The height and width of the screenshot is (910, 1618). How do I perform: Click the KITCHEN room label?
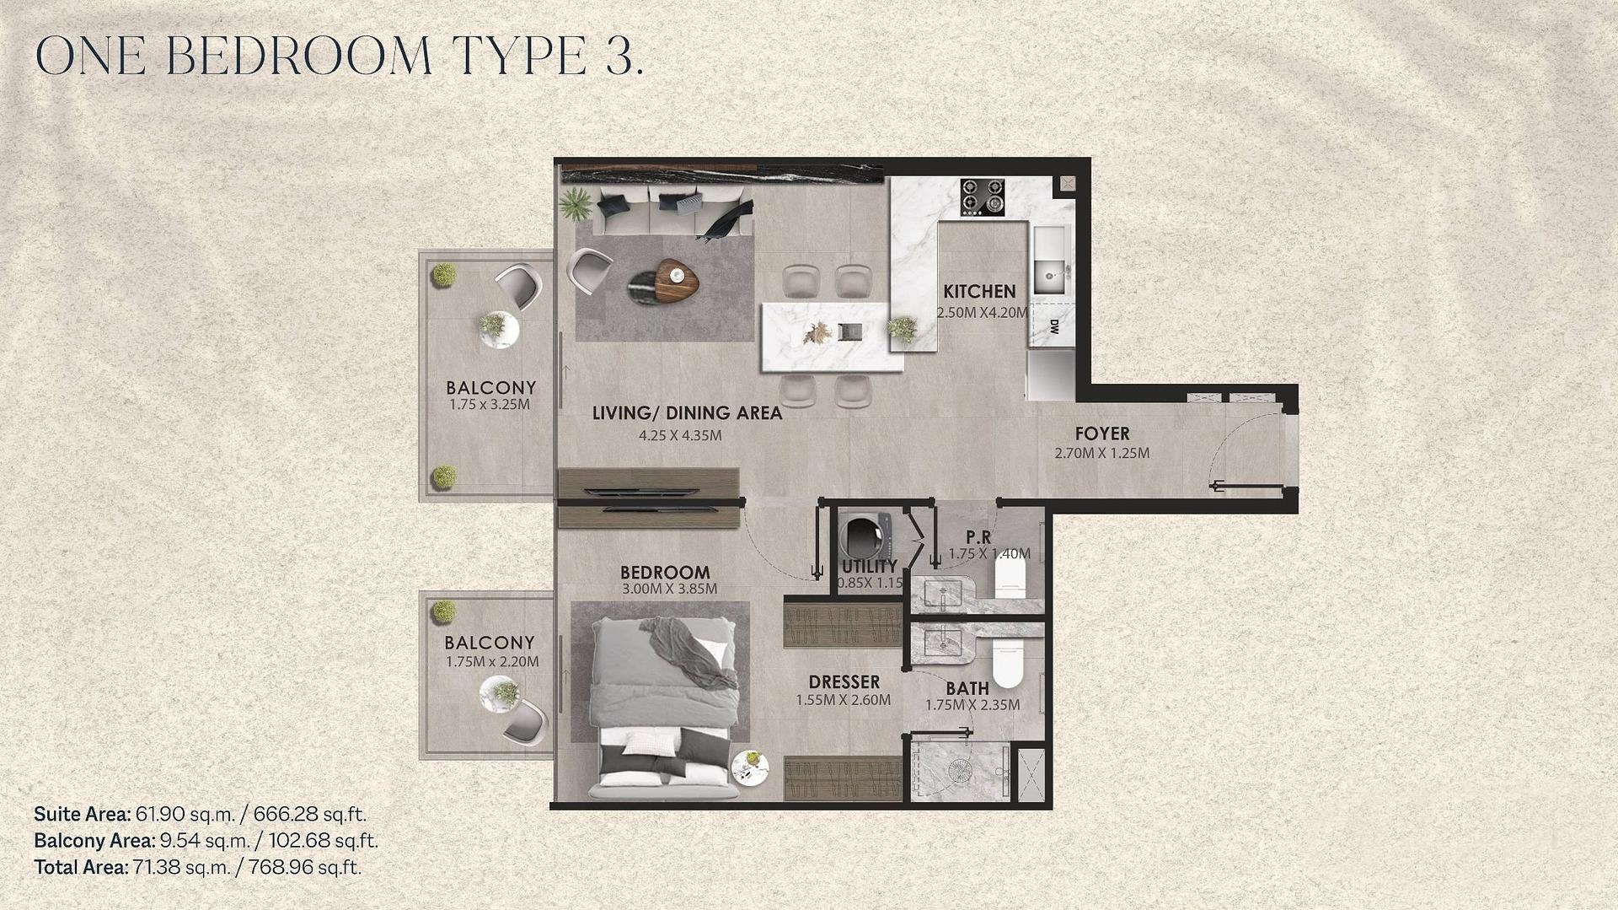pyautogui.click(x=979, y=292)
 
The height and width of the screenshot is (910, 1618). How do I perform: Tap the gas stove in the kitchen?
pyautogui.click(x=983, y=197)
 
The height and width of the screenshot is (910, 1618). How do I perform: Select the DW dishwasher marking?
pyautogui.click(x=1054, y=327)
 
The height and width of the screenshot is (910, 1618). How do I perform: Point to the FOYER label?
pyautogui.click(x=1102, y=433)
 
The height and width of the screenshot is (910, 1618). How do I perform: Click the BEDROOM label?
pyautogui.click(x=665, y=572)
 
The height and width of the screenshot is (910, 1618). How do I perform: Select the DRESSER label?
pyautogui.click(x=844, y=681)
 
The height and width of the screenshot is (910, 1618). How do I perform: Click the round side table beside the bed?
pyautogui.click(x=750, y=768)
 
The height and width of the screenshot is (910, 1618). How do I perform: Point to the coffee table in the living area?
pyautogui.click(x=663, y=279)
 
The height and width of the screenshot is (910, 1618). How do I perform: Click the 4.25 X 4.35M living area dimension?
pyautogui.click(x=680, y=436)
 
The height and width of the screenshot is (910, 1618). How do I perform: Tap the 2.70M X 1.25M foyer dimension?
pyautogui.click(x=1102, y=453)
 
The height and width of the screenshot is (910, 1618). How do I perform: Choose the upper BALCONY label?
pyautogui.click(x=491, y=388)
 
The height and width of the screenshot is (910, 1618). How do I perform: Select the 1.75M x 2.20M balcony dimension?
pyautogui.click(x=492, y=662)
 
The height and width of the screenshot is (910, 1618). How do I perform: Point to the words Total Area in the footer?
pyautogui.click(x=81, y=867)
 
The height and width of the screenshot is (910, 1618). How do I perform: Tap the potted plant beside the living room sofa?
pyautogui.click(x=576, y=203)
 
